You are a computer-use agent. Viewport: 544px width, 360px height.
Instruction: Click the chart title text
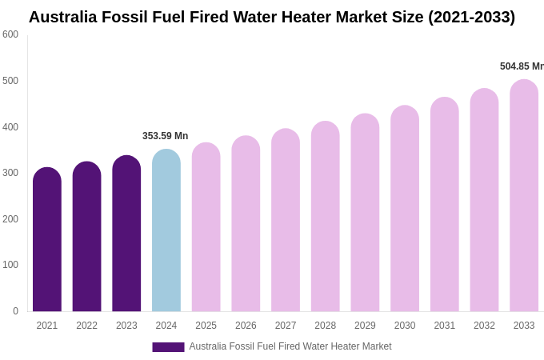click(x=272, y=17)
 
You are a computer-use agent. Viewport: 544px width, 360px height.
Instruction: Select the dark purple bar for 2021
click(x=47, y=240)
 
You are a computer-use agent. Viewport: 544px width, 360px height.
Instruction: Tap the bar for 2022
click(x=86, y=237)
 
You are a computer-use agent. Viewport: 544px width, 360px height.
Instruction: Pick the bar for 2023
click(x=126, y=234)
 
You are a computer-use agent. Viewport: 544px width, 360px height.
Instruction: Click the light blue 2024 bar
click(x=166, y=230)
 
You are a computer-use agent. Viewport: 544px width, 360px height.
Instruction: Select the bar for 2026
click(x=246, y=224)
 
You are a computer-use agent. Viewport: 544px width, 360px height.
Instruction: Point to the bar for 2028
click(x=325, y=217)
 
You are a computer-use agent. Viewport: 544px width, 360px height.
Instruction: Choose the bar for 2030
click(x=405, y=209)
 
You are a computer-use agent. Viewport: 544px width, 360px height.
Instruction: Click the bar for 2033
click(x=524, y=196)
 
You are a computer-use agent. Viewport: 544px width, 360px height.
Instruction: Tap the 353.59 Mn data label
click(x=166, y=136)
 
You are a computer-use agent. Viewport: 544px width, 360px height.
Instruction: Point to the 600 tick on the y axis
click(x=10, y=34)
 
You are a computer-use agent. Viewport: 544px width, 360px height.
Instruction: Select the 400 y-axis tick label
click(x=10, y=127)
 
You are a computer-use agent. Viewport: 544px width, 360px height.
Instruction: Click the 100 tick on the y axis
click(x=10, y=265)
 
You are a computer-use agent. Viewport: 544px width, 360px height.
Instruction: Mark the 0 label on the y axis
click(x=15, y=311)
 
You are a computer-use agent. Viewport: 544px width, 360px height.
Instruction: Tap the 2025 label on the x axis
click(x=206, y=326)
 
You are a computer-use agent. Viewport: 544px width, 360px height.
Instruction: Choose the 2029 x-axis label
click(x=365, y=326)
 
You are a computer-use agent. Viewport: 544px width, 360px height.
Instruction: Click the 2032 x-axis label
click(x=484, y=326)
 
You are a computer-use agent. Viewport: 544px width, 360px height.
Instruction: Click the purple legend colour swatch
click(x=168, y=347)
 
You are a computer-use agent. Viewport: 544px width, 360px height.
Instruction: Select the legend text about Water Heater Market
click(x=290, y=346)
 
